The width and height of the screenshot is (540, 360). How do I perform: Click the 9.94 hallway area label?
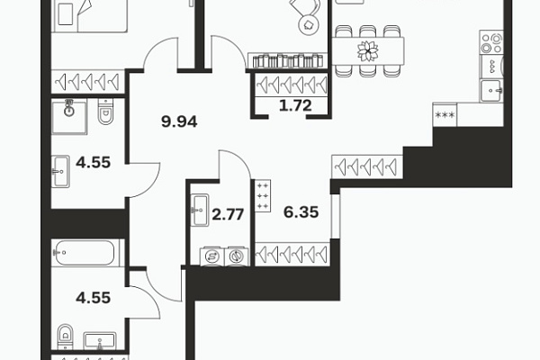click(x=179, y=121)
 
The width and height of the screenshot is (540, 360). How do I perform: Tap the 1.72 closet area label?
click(x=295, y=105)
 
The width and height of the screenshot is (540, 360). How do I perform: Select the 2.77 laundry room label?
click(x=228, y=214)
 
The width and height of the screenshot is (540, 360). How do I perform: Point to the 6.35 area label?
click(x=301, y=212)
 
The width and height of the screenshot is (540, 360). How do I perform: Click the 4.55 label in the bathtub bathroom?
click(x=93, y=298)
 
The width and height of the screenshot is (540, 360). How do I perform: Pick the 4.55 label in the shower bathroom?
click(x=93, y=162)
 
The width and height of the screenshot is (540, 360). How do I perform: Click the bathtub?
click(x=85, y=253)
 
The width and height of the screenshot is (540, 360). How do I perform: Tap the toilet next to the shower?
click(x=105, y=111)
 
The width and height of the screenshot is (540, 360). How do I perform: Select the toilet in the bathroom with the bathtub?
click(x=65, y=337)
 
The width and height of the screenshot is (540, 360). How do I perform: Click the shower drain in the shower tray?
click(x=69, y=111)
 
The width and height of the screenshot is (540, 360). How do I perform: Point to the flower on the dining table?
click(x=368, y=51)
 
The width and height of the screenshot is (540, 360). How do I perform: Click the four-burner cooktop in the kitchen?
click(x=491, y=42)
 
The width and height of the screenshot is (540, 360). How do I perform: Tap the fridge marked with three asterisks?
click(x=445, y=115)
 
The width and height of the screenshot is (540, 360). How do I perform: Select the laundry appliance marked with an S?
click(x=211, y=256)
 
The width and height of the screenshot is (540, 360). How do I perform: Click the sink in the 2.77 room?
click(x=200, y=210)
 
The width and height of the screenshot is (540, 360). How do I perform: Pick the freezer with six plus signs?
click(x=263, y=195)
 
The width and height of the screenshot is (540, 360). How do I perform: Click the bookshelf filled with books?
click(x=288, y=60)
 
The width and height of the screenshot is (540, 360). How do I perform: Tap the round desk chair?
click(x=308, y=23)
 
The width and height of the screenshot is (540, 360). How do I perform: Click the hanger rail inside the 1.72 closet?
click(x=292, y=85)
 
